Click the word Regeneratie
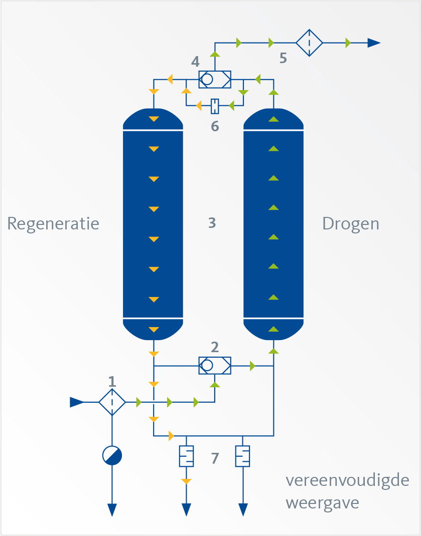click(53, 223)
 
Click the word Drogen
click(350, 223)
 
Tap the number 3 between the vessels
click(212, 223)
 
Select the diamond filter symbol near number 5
click(309, 43)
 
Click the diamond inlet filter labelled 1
click(112, 402)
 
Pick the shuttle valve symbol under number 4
click(215, 79)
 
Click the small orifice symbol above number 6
click(215, 106)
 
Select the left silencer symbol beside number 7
click(186, 456)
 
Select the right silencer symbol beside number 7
click(243, 456)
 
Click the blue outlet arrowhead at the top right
click(374, 43)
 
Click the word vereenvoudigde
click(347, 481)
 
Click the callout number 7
click(215, 458)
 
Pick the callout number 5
click(283, 58)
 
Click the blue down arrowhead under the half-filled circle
click(112, 509)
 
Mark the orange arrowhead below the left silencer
click(186, 481)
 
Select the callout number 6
click(215, 126)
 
